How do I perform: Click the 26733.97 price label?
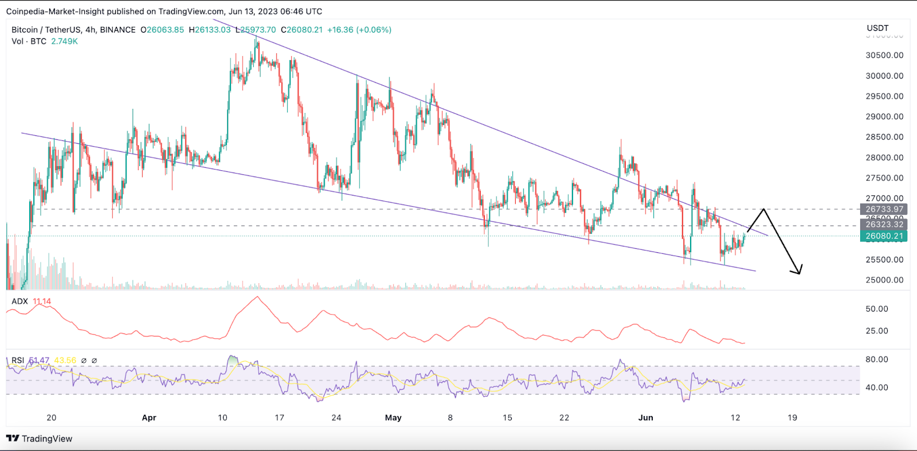tap(884, 209)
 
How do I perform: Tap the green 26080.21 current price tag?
tap(884, 236)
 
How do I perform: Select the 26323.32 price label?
tap(884, 224)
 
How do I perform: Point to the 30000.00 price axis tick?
tap(884, 76)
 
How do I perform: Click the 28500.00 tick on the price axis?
tap(884, 137)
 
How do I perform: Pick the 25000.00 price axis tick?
tap(884, 280)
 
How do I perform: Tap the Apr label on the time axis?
tap(149, 418)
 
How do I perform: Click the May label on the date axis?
tap(393, 418)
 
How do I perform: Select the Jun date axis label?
tap(646, 418)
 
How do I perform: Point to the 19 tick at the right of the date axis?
tap(792, 418)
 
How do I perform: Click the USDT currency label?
tap(877, 28)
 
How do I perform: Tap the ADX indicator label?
tap(19, 301)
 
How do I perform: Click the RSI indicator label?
tap(18, 360)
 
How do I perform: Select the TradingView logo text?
tap(46, 439)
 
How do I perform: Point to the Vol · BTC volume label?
tap(29, 41)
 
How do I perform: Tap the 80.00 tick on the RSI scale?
tap(877, 359)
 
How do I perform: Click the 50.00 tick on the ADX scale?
tap(877, 309)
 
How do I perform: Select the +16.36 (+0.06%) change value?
tap(359, 30)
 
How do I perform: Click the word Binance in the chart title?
tap(117, 30)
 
